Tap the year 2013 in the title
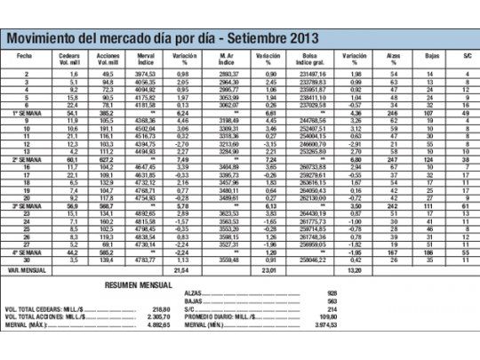click(295, 38)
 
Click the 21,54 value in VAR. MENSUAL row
click(181, 267)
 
